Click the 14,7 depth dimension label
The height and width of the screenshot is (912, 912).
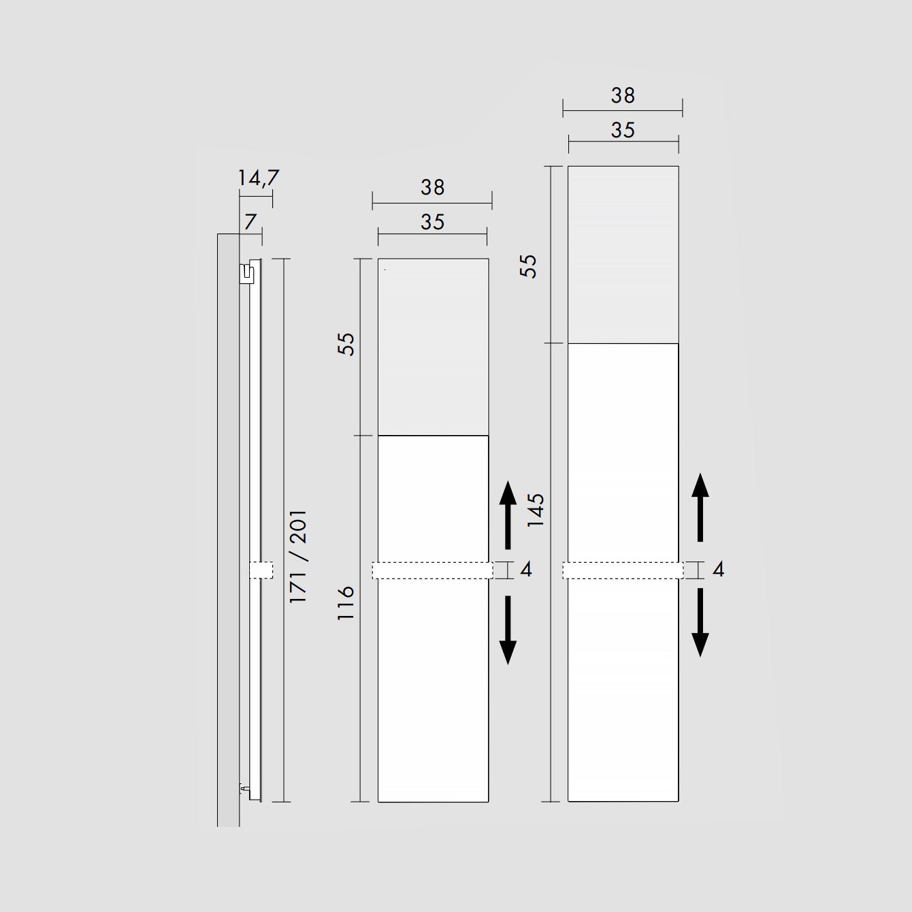click(x=258, y=178)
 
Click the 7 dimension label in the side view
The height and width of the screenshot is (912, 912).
click(x=250, y=221)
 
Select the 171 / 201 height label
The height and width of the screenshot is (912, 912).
click(x=299, y=556)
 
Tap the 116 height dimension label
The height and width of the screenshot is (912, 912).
click(x=346, y=603)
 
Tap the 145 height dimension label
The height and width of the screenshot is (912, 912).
click(x=536, y=510)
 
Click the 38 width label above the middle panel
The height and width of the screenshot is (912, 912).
click(x=433, y=188)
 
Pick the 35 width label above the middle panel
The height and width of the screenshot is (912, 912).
click(x=433, y=223)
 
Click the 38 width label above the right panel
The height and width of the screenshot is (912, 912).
click(x=623, y=96)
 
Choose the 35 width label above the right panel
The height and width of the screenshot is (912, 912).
click(x=623, y=131)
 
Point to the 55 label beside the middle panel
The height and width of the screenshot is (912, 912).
click(x=346, y=344)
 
